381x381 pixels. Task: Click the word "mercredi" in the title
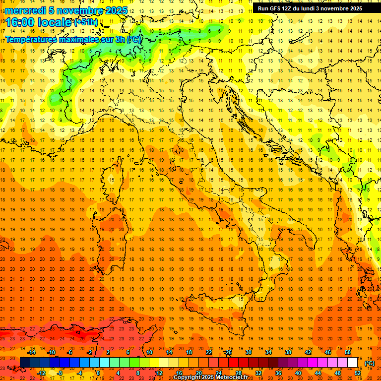[x=25, y=10]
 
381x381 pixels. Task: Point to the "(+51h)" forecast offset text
[x=86, y=23]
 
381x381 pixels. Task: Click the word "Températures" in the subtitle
[x=31, y=39]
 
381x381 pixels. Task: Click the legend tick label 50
[x=347, y=352]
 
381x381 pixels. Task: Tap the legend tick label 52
[x=358, y=373]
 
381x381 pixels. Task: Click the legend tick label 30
[x=248, y=352]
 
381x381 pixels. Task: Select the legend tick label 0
[x=98, y=373]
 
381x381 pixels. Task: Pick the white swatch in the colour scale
[x=352, y=363]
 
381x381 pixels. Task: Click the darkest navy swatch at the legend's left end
[x=25, y=363]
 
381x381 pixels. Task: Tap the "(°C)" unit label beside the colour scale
[x=370, y=364]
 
